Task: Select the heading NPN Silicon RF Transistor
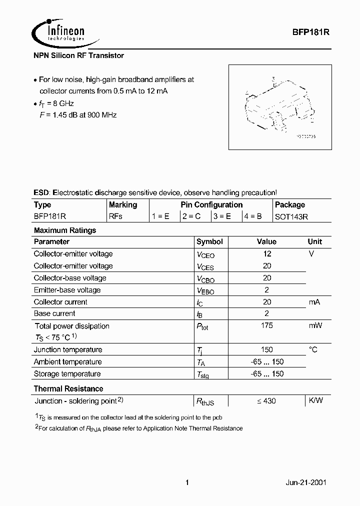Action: tap(78, 56)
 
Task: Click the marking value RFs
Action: tap(115, 216)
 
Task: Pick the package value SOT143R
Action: tap(292, 216)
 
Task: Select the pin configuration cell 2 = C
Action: tap(192, 216)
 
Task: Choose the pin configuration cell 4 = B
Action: tap(253, 216)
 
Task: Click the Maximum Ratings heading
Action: tap(64, 230)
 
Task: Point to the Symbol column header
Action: tap(209, 241)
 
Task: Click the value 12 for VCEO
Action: tap(267, 253)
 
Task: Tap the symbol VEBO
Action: tap(205, 290)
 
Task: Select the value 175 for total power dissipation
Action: tap(267, 325)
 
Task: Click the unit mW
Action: tap(315, 325)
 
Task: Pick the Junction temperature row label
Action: tap(68, 349)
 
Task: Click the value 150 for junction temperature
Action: tap(267, 349)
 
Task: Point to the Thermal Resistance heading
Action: tap(68, 388)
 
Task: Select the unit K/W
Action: tap(315, 400)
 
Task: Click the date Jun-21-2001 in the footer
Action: tap(306, 482)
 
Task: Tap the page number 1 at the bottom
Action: tap(187, 482)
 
